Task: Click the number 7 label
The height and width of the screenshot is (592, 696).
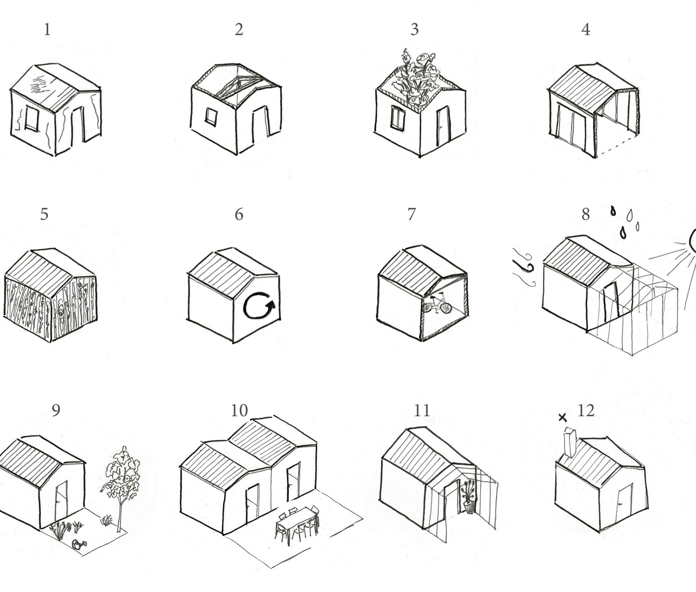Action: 411,214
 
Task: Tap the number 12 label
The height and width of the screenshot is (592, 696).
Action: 586,410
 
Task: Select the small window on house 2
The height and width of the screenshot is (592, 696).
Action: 211,117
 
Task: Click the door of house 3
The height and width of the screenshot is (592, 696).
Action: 443,126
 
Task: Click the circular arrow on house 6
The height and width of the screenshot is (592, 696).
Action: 259,306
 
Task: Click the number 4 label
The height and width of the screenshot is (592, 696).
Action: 586,29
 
